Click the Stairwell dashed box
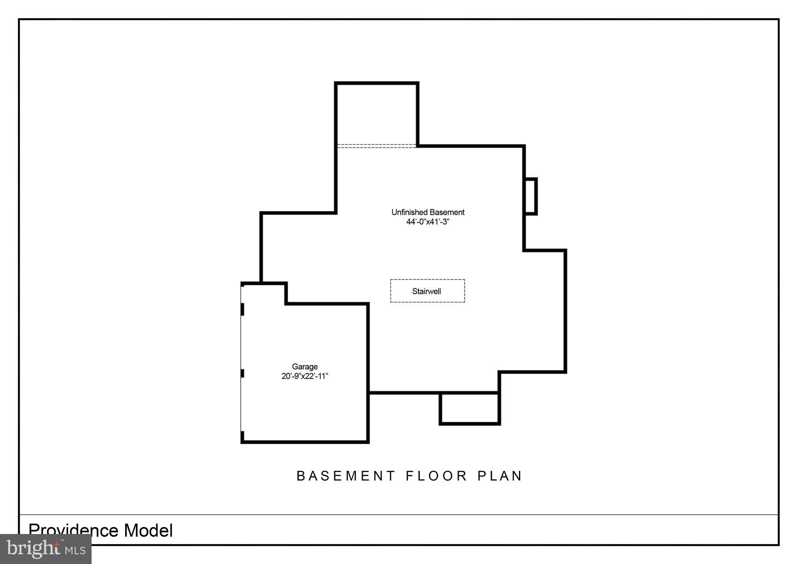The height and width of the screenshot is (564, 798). click(427, 291)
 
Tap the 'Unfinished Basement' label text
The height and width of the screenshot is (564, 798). click(428, 212)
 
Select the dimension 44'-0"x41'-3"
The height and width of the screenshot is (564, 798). click(428, 222)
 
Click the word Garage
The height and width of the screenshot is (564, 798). click(305, 367)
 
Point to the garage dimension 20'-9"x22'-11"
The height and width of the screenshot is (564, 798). click(305, 376)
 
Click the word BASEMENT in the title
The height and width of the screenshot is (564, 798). click(346, 476)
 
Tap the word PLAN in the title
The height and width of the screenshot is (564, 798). click(500, 476)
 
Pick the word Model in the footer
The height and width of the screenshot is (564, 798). click(148, 531)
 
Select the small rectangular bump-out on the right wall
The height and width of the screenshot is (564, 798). click(531, 196)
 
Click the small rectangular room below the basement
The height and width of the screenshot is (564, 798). click(470, 408)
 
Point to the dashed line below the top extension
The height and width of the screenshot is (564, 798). click(376, 146)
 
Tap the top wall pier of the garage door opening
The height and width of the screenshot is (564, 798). click(242, 309)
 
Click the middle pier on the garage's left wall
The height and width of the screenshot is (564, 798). click(242, 373)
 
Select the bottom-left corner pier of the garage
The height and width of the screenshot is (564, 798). click(242, 436)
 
